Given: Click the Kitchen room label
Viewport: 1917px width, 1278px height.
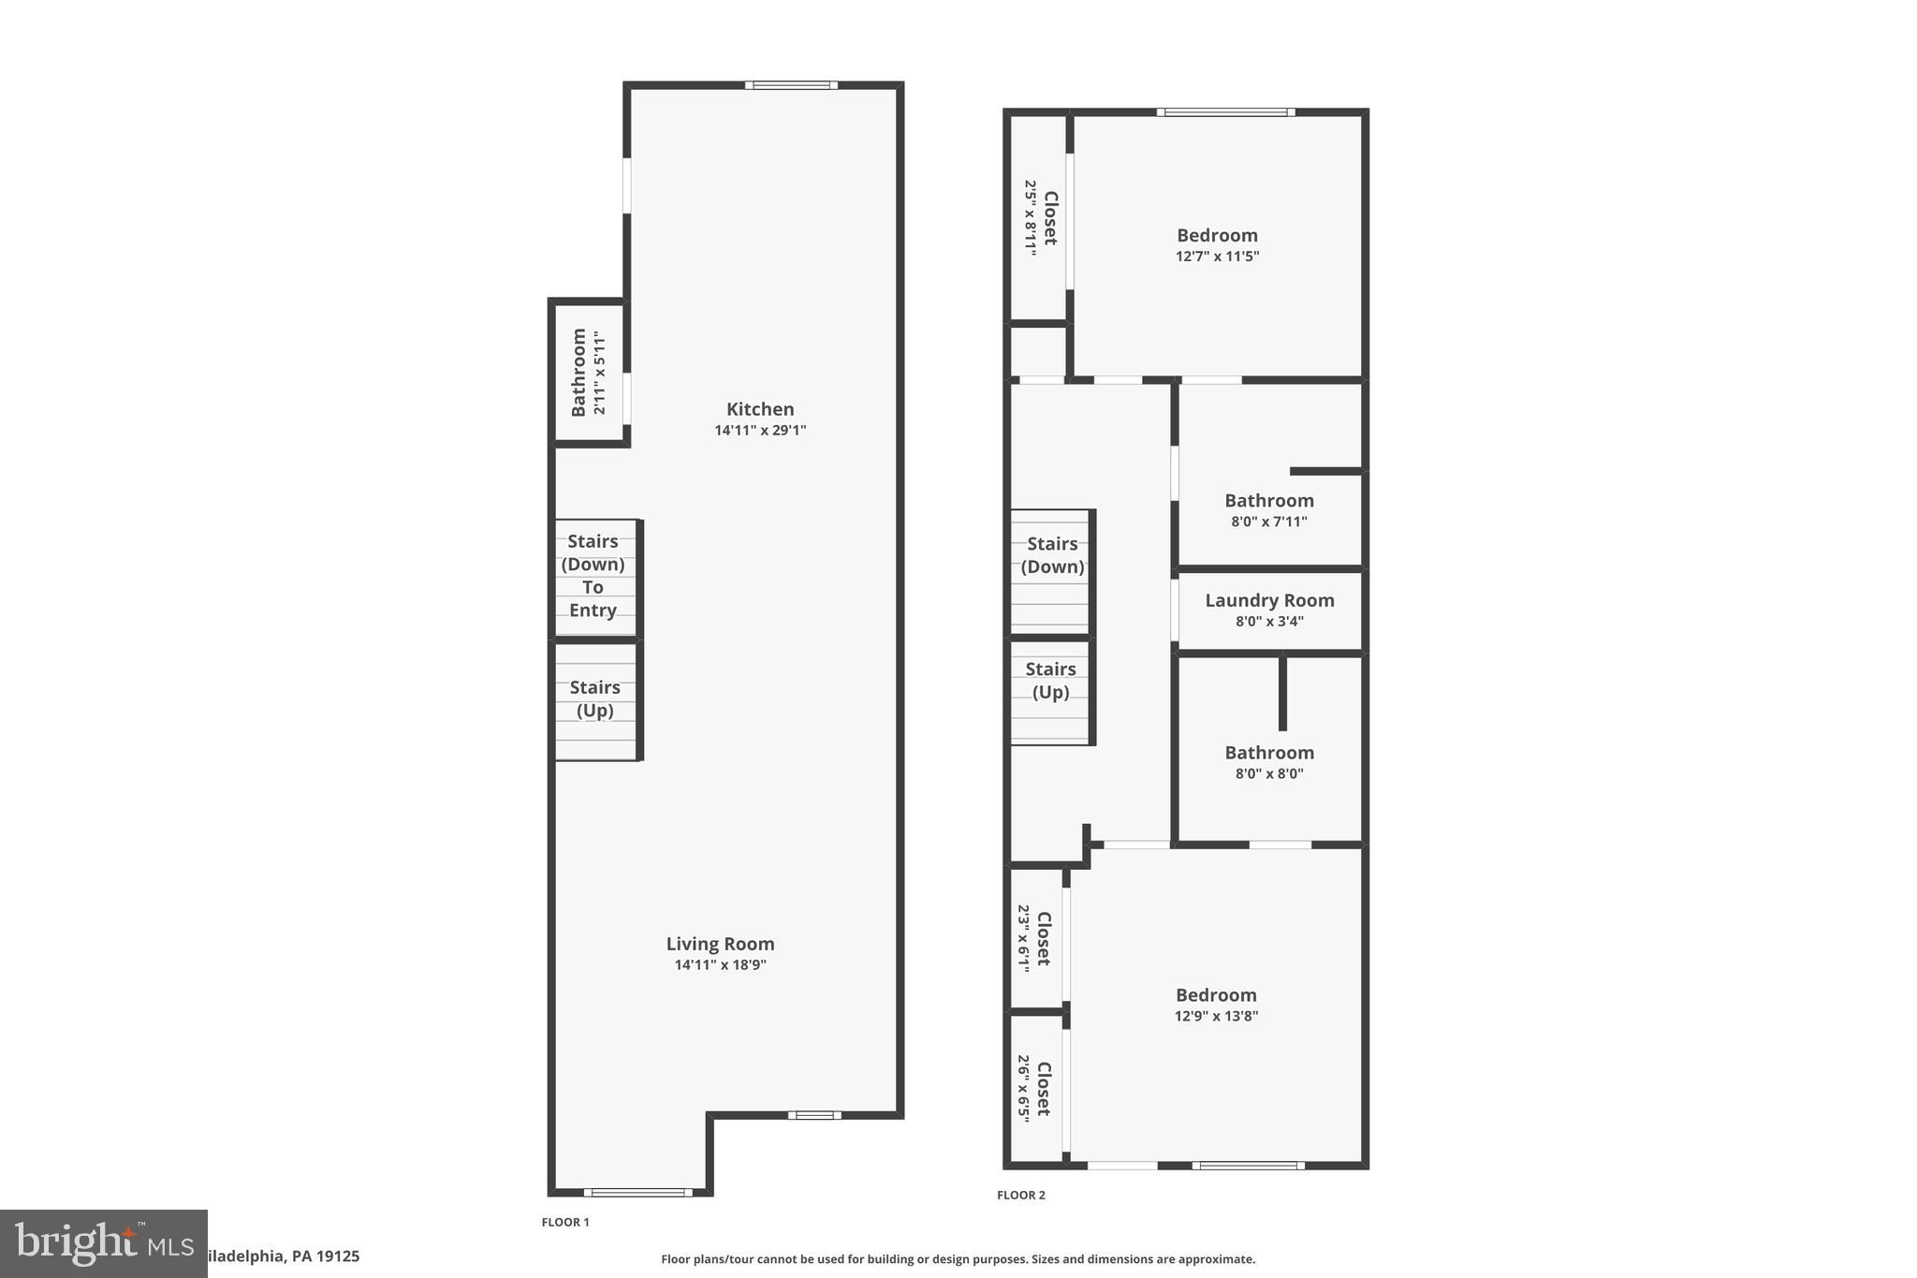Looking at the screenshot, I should click(760, 409).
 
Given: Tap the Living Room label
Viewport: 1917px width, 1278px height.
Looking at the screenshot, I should click(720, 944).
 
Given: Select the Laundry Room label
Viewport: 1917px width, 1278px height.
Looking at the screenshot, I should click(1269, 600).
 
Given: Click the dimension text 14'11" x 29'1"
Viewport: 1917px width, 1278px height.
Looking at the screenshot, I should click(760, 431).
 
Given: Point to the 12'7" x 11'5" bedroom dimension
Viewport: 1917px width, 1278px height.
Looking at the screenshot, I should click(1217, 257).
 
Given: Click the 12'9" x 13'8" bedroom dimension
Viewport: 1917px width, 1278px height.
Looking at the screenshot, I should click(1216, 1016).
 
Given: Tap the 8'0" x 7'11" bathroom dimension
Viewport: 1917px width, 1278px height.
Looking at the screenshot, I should click(1268, 521).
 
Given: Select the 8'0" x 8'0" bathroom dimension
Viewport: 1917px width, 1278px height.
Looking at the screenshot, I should click(1268, 773).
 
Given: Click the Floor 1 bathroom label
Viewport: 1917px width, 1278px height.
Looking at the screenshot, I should click(579, 372).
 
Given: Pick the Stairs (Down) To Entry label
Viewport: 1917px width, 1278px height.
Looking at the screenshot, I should click(593, 576).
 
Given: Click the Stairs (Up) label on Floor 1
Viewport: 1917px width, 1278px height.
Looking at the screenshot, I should click(594, 698).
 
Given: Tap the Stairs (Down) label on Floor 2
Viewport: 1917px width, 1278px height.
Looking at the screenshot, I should click(1052, 555).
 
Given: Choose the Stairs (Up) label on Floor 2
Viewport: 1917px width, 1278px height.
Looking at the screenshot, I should click(1050, 681).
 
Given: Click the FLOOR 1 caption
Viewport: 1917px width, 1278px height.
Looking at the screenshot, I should click(565, 1222).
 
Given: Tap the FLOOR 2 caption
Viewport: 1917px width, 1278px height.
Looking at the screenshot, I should click(1020, 1195).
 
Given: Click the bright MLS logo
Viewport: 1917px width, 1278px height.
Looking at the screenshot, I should click(103, 1243).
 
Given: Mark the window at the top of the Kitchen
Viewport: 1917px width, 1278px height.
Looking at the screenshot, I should click(791, 85).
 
